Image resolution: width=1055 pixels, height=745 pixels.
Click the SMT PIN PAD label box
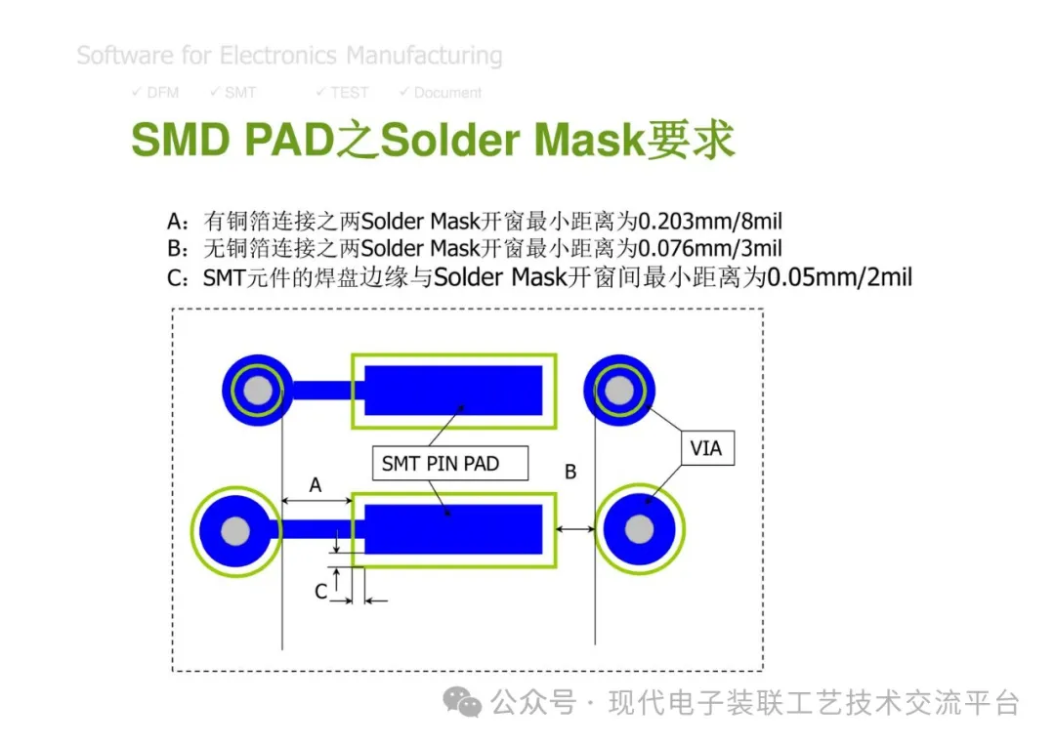450,463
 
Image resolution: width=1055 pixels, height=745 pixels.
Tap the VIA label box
707,448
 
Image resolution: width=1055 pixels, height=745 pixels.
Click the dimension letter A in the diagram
315,485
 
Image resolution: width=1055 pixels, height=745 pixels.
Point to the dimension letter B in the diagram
570,472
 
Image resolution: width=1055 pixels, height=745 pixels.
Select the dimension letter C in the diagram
321,591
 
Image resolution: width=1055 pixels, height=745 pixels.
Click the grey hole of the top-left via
258,390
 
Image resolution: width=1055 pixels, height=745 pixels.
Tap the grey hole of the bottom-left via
234,530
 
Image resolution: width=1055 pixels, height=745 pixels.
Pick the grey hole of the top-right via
619,390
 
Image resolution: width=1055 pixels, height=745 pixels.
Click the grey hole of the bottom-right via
639,529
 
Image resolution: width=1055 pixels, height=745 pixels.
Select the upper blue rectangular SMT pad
453,390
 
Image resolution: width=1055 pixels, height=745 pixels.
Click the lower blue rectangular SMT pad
453,529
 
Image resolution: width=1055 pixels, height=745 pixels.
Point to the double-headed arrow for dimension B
576,529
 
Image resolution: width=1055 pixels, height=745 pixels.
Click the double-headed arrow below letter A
316,500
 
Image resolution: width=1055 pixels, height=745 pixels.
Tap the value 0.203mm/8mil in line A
710,222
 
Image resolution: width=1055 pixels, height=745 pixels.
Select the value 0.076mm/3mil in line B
710,249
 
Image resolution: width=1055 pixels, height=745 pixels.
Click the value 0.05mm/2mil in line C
840,277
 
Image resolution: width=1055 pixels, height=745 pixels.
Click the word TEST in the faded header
349,93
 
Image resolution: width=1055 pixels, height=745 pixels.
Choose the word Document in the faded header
447,93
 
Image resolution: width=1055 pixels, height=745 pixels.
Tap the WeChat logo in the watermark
462,703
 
